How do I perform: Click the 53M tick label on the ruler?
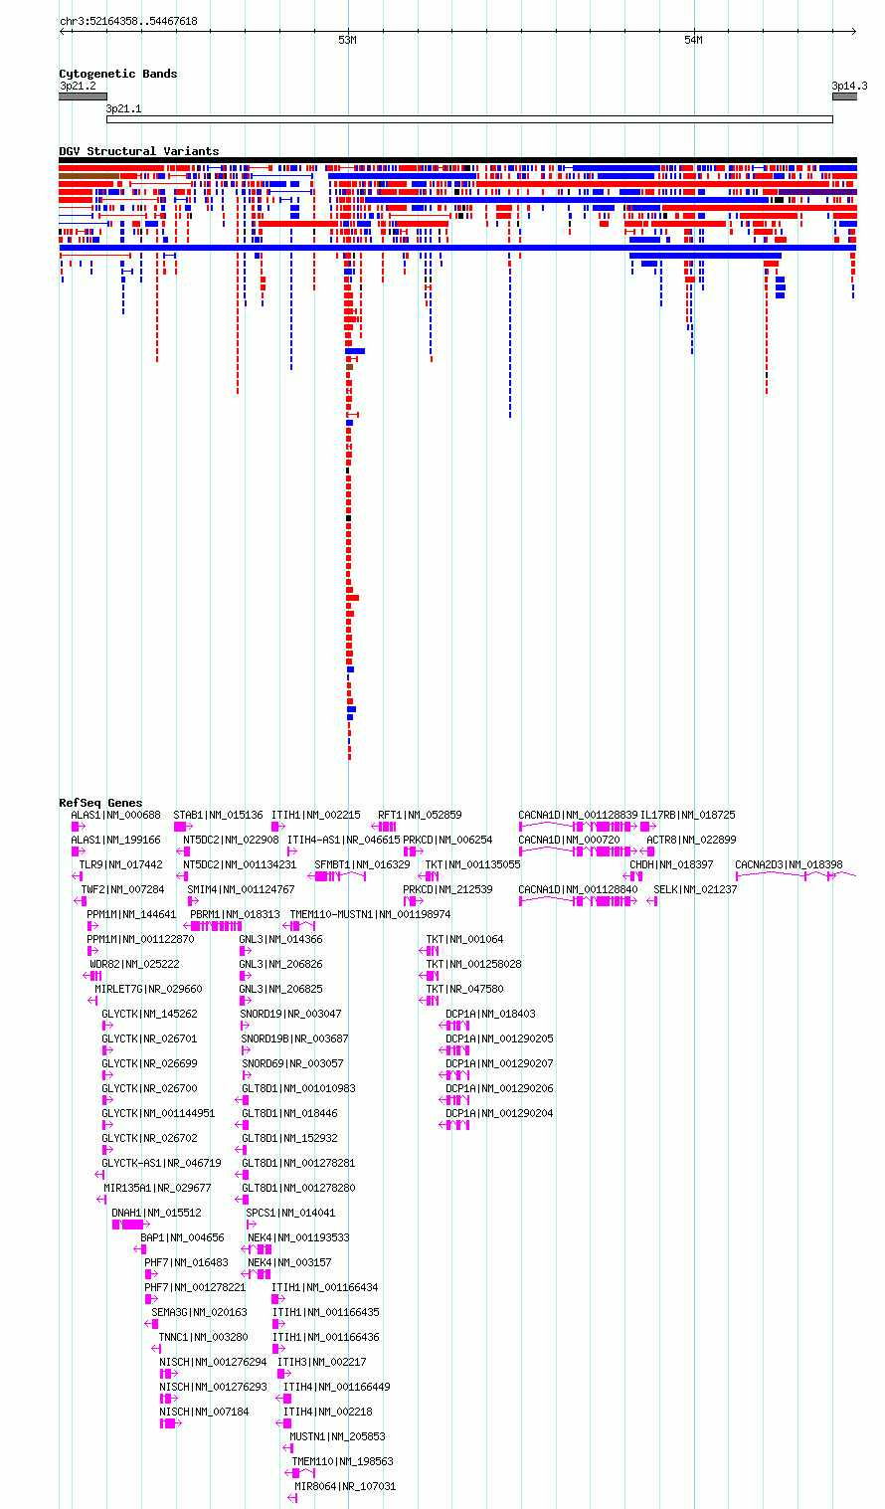pos(347,41)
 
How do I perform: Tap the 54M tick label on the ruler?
pos(693,41)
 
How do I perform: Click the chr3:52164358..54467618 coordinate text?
pos(128,21)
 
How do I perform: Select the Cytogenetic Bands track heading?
pos(118,74)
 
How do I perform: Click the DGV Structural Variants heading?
pos(139,151)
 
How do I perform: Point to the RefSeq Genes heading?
pos(101,803)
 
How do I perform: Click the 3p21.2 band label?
pos(78,86)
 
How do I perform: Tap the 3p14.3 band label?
pos(849,86)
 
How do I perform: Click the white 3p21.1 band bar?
pos(469,119)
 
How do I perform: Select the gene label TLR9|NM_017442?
pos(120,864)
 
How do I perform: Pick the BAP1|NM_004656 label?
pos(182,1237)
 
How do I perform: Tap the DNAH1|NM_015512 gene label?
pos(156,1213)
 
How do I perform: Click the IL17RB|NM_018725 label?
pos(688,815)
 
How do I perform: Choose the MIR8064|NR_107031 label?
pos(345,1486)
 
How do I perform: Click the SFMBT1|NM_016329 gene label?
pos(362,864)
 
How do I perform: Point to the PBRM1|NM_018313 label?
pos(235,914)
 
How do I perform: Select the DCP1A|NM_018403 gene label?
pos(490,1014)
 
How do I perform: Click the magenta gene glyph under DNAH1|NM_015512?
pos(130,1225)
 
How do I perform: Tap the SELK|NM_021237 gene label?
pos(695,889)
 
